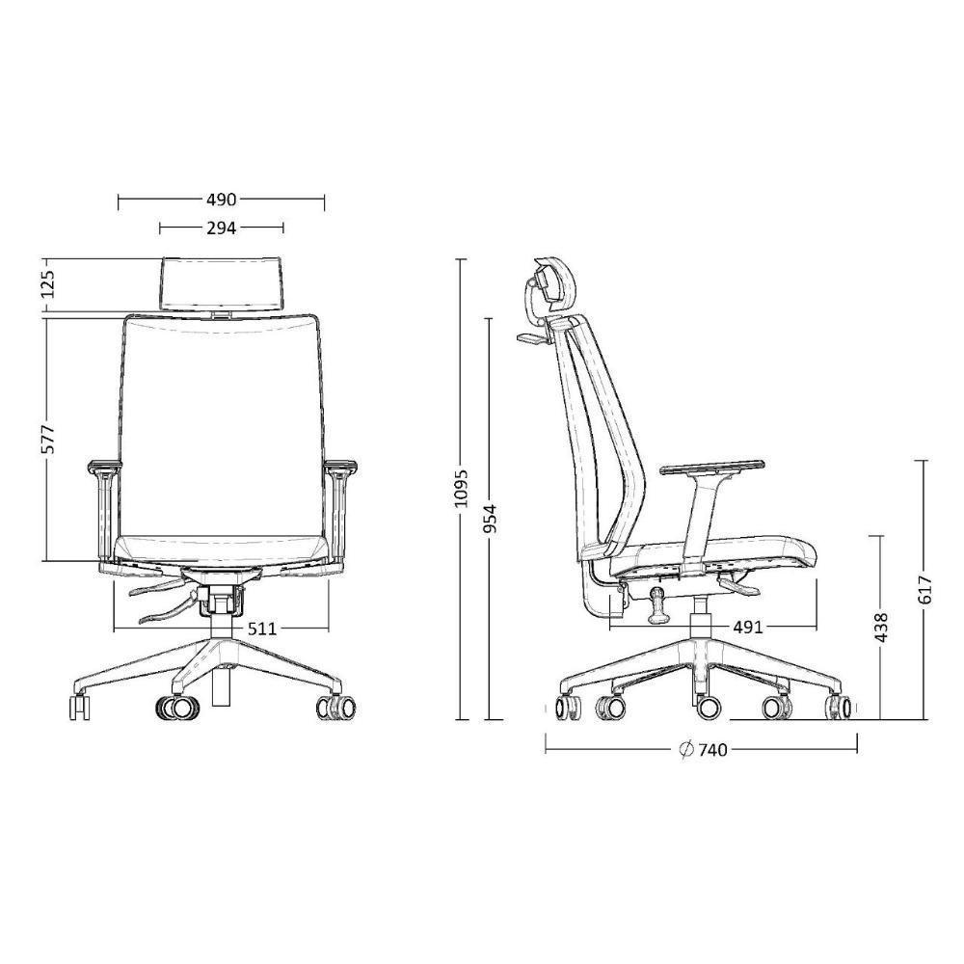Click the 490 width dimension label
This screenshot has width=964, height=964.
[x=221, y=201]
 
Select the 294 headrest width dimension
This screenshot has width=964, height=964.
[x=221, y=228]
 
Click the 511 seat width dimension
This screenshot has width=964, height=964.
[x=261, y=629]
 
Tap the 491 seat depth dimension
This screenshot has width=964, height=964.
[x=748, y=628]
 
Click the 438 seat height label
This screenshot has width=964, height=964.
[x=880, y=628]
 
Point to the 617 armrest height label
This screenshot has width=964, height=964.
[x=925, y=590]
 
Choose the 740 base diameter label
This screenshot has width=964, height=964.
[x=712, y=751]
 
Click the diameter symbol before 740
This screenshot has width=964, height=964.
[x=686, y=751]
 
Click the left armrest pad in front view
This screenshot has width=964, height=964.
[x=103, y=469]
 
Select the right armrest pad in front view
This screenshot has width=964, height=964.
[x=339, y=469]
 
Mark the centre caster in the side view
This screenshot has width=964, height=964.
[x=707, y=708]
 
